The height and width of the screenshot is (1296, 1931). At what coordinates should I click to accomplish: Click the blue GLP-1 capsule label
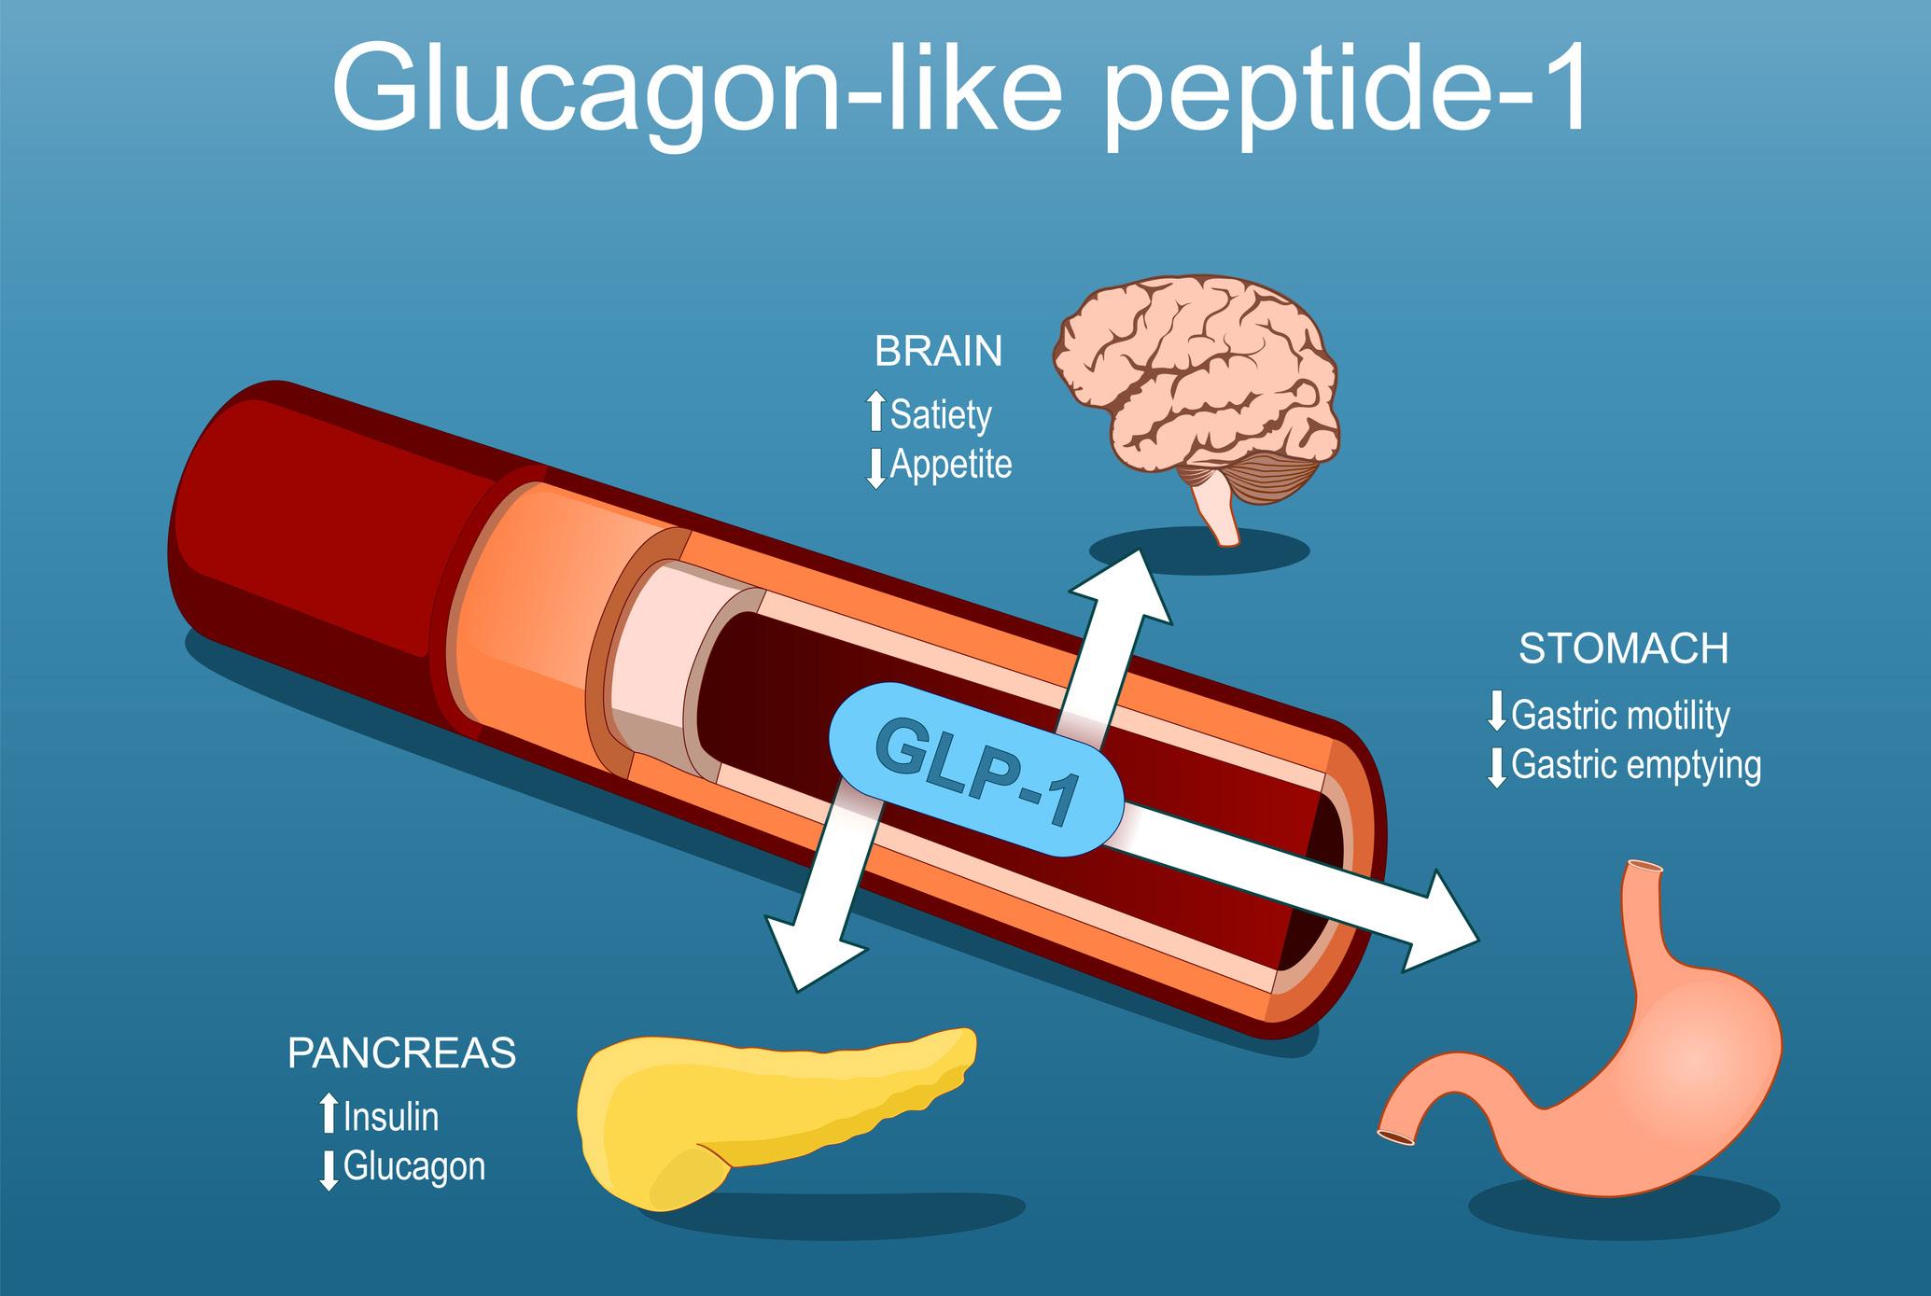(x=975, y=768)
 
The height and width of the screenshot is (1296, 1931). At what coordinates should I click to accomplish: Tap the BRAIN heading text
(x=938, y=352)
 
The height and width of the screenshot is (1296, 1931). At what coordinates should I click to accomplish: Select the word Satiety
(x=941, y=414)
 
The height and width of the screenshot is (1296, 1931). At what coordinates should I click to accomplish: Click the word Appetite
(x=951, y=464)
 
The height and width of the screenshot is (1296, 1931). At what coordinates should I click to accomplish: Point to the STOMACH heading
(x=1623, y=649)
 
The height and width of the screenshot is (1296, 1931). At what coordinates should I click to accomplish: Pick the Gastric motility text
(x=1620, y=716)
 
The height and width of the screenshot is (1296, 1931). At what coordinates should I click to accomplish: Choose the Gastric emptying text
(x=1635, y=765)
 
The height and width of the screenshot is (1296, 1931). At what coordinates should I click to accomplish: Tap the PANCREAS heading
(x=401, y=1052)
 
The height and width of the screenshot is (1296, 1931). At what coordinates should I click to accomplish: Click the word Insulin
(x=391, y=1117)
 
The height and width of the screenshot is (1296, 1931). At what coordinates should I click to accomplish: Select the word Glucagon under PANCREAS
(x=414, y=1166)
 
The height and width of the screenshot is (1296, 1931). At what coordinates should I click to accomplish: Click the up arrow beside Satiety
(x=875, y=413)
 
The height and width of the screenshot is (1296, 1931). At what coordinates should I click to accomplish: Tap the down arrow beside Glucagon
(x=328, y=1169)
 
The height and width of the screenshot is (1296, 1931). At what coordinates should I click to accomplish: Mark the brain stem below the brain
(x=1223, y=518)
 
